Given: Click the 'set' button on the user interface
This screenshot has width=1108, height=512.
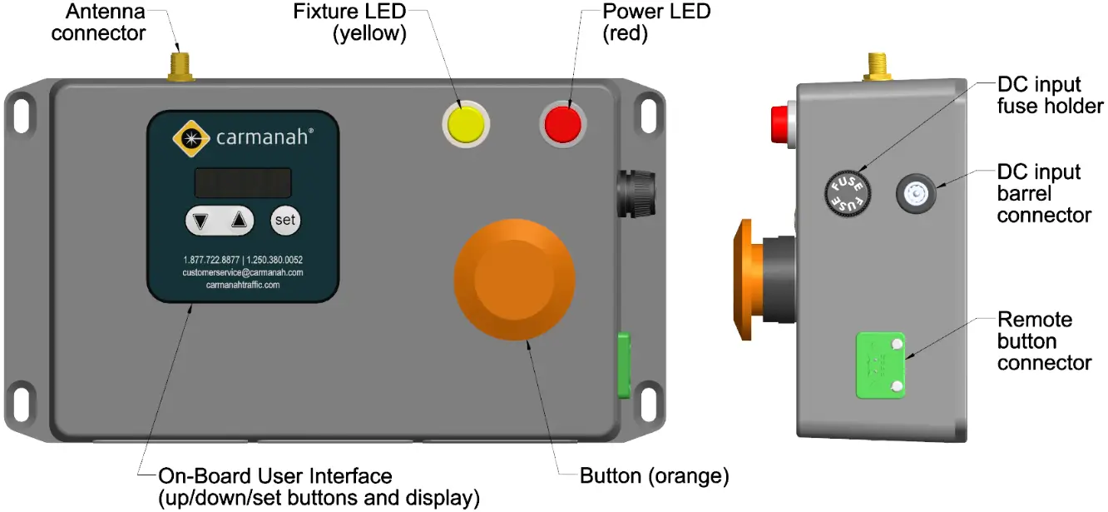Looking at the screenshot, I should coord(285,221).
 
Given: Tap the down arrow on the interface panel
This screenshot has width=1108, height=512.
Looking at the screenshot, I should coord(200,221).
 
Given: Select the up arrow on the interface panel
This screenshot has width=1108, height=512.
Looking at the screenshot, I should coord(239,221).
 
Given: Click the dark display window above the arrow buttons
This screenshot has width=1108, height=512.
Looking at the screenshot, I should coord(243,182).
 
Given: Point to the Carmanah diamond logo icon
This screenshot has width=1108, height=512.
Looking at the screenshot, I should coord(191,137).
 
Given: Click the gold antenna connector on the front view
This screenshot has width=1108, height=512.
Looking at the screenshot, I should coord(179,67).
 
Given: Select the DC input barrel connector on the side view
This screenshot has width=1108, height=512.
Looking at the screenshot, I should coord(916,194).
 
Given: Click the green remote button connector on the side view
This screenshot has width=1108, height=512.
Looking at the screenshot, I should coord(880,364).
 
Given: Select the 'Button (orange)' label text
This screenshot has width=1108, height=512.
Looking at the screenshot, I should coord(654,476).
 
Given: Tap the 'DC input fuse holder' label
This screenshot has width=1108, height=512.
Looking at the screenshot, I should coord(1050,95).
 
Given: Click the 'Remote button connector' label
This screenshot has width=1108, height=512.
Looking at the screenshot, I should coord(1043,341).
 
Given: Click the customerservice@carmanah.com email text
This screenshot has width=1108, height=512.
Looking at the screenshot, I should coord(243,272).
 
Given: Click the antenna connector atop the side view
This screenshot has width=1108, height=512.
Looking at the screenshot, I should coord(877,67).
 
